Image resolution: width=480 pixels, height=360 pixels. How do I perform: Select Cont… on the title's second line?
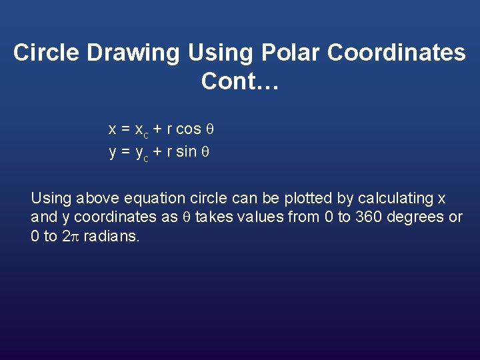pos(243,81)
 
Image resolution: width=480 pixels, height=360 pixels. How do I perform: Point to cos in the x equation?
pos(189,128)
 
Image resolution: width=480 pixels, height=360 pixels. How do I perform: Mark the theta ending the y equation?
pos(205,151)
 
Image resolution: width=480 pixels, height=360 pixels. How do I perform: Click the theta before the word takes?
pos(187,217)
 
